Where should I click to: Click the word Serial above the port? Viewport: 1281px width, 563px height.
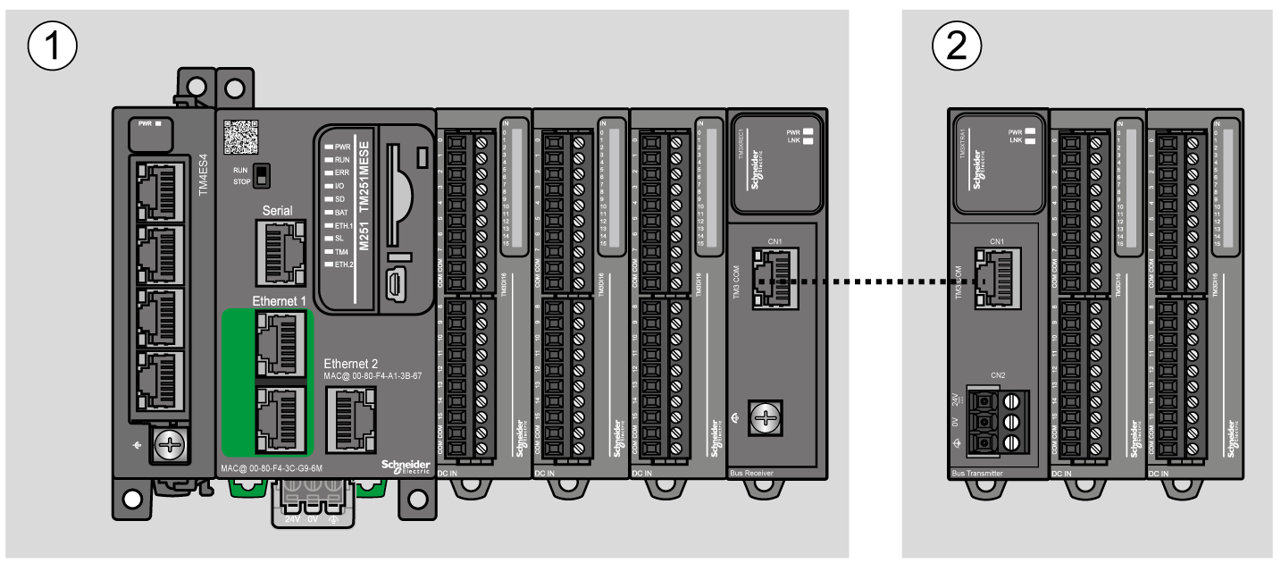coord(278,211)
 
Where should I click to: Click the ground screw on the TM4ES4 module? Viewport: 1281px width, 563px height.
coord(168,441)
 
